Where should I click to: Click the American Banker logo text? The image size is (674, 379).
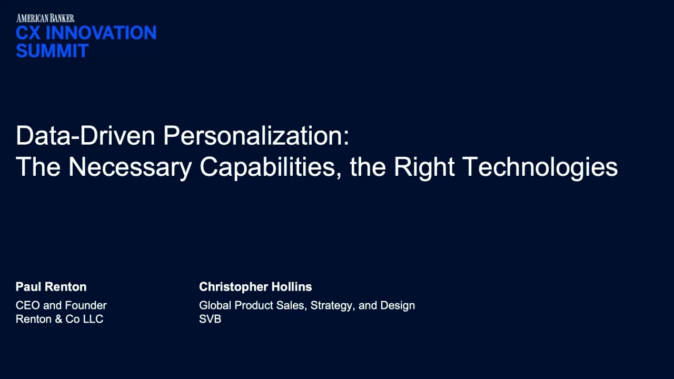pyautogui.click(x=45, y=18)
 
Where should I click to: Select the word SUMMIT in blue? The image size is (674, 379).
pyautogui.click(x=52, y=51)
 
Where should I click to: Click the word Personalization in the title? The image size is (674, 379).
pyautogui.click(x=256, y=136)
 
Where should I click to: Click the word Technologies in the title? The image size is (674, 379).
pyautogui.click(x=540, y=167)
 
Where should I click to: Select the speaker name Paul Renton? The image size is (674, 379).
pyautogui.click(x=51, y=287)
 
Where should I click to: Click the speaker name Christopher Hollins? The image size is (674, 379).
pyautogui.click(x=255, y=287)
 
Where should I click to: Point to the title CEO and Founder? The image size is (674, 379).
pyautogui.click(x=61, y=305)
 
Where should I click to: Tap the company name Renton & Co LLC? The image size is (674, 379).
pyautogui.click(x=60, y=319)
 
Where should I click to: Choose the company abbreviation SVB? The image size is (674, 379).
pyautogui.click(x=210, y=319)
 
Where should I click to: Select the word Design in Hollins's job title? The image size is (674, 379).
pyautogui.click(x=398, y=305)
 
